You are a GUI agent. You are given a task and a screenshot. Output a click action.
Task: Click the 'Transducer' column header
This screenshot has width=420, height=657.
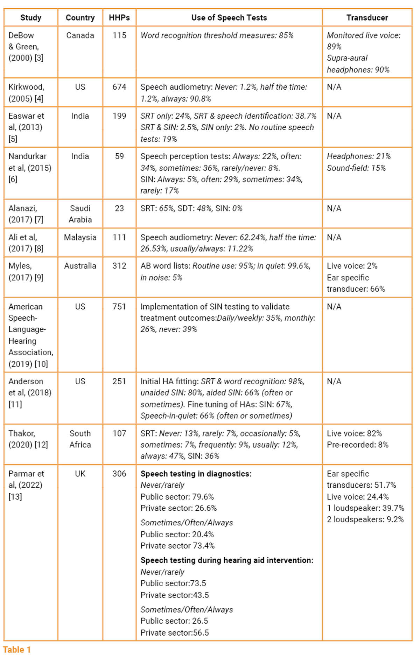367,18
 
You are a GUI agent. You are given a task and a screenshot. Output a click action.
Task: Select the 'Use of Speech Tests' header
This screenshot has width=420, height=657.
229,18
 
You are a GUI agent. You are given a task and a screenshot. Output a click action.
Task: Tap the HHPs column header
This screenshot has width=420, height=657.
119,18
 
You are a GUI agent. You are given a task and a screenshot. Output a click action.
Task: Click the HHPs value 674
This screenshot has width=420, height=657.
119,87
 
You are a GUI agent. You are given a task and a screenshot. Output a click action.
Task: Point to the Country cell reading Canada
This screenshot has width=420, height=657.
80,35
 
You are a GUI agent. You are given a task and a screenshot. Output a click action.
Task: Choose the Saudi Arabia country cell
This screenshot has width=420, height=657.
80,214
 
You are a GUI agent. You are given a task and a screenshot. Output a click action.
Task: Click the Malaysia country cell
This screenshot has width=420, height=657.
80,237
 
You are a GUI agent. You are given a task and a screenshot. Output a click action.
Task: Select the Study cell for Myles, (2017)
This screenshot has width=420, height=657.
26,272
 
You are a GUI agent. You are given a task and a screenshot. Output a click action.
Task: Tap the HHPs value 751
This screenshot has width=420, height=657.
119,307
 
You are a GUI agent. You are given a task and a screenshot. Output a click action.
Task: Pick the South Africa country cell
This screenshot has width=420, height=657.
80,439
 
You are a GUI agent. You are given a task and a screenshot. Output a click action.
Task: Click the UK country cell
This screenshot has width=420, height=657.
80,474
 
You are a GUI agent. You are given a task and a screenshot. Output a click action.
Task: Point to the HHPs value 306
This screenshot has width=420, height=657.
119,474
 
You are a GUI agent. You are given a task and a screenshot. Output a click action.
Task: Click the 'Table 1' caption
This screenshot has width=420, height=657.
17,650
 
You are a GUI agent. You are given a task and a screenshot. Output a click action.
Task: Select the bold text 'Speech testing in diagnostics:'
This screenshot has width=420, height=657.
196,474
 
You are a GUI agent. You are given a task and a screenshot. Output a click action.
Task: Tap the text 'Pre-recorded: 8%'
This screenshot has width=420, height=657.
357,445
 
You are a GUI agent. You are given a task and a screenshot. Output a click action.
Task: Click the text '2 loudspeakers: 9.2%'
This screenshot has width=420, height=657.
365,519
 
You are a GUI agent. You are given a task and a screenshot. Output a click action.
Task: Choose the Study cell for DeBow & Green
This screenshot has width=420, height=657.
26,47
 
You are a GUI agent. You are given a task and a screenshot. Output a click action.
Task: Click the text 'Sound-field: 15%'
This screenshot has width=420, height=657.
356,168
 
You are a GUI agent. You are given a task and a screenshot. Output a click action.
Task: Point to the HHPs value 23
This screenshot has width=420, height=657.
119,208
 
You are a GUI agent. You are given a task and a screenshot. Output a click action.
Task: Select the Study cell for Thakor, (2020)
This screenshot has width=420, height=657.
28,439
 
